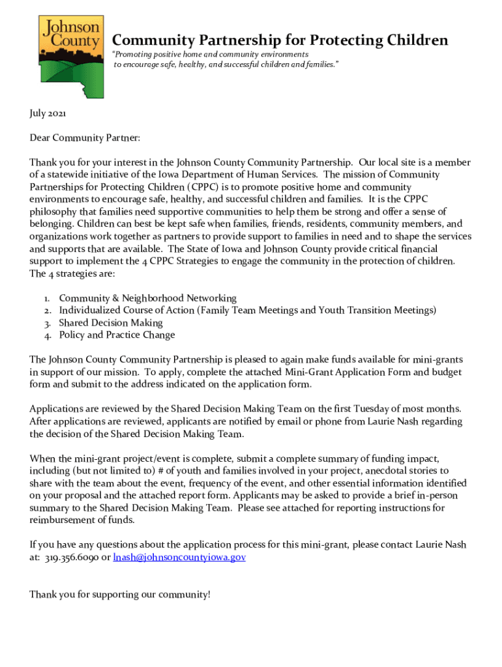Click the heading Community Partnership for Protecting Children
point(280,40)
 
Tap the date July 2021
point(48,113)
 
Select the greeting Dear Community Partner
point(85,138)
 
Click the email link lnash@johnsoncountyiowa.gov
point(179,558)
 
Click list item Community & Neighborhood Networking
point(147,298)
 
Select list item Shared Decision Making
point(111,323)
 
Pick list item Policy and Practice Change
point(117,335)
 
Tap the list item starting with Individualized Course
point(248,311)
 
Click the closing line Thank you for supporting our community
point(120,594)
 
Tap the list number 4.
point(48,335)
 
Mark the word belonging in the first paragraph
point(52,224)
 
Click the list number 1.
point(48,298)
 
